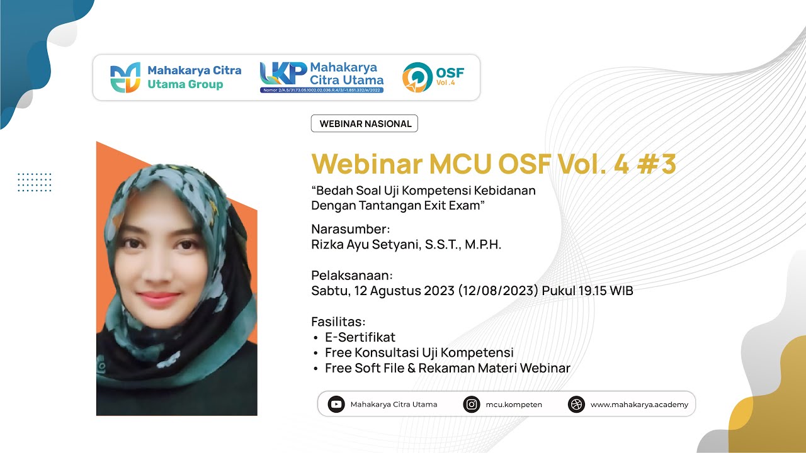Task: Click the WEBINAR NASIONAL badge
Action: click(365, 124)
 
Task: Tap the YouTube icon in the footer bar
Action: click(336, 405)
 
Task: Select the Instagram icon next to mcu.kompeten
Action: click(471, 405)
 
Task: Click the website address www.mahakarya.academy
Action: click(639, 405)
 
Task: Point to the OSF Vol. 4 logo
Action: click(433, 77)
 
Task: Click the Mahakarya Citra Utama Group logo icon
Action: click(125, 78)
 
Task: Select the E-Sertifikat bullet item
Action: click(360, 337)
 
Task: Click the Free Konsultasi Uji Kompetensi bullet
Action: click(419, 352)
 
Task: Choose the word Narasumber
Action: click(351, 228)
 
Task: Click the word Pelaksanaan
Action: click(352, 275)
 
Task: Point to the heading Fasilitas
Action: click(338, 322)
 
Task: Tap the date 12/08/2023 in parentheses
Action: click(498, 291)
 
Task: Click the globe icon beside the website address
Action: click(576, 405)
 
